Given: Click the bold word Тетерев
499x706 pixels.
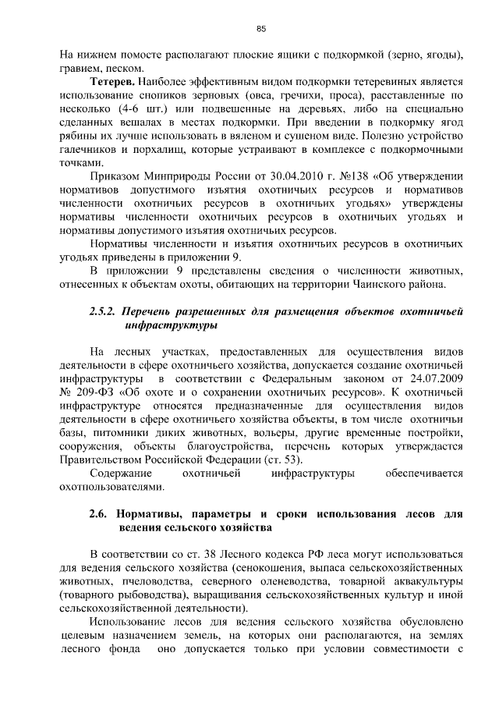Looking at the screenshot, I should click(x=114, y=80).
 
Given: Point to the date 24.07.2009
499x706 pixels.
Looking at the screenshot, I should click(x=437, y=379).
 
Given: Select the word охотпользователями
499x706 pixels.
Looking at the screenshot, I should click(x=112, y=488).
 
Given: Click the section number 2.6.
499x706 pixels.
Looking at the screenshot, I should click(x=99, y=515).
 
